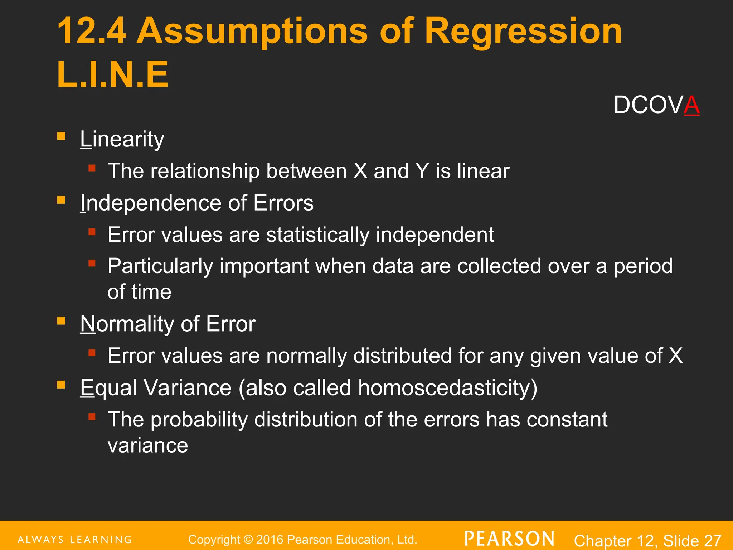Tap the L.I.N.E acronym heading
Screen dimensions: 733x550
[112, 74]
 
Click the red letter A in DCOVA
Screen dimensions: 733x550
[691, 105]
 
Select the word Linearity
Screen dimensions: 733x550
[122, 139]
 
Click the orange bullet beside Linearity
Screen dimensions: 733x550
[61, 136]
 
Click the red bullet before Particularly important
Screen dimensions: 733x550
[92, 264]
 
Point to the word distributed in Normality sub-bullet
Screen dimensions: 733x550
[402, 356]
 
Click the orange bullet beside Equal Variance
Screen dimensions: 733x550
[61, 385]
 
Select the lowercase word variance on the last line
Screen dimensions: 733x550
[147, 445]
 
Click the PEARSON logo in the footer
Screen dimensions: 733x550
[509, 539]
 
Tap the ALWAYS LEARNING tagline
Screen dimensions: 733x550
[74, 540]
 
